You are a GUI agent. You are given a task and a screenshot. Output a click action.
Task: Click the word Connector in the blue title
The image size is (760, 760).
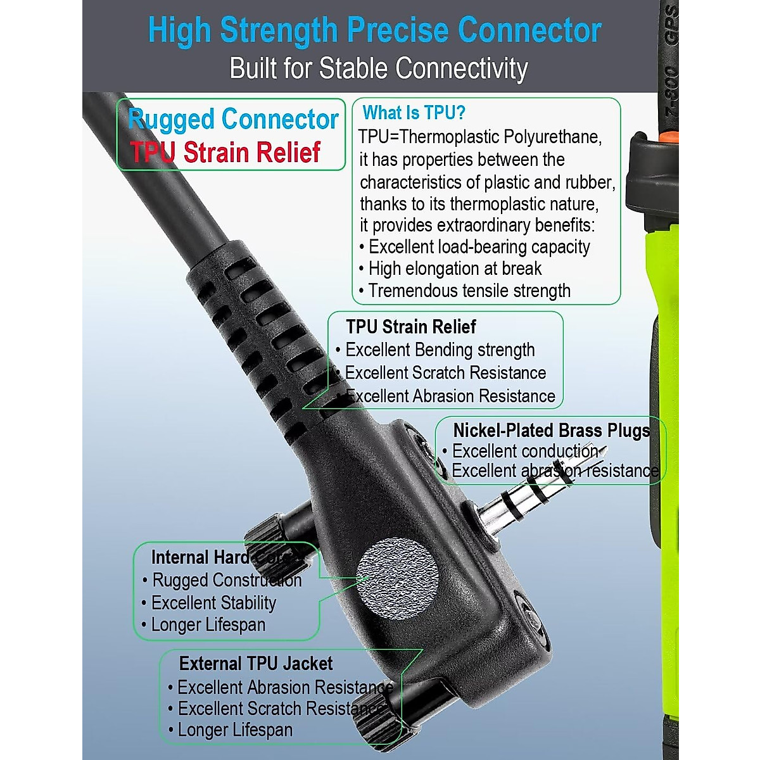coord(529,30)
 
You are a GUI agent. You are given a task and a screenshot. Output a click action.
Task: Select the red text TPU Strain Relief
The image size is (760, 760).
coord(225,153)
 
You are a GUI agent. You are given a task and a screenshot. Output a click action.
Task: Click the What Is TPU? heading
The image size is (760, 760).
coord(414,113)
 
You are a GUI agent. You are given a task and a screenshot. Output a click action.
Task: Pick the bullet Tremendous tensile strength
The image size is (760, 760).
coord(469,291)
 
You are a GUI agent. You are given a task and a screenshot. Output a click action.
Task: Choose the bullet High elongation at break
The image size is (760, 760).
coord(454,269)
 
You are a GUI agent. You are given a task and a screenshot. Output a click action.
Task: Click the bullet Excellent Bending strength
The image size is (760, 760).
coord(440,350)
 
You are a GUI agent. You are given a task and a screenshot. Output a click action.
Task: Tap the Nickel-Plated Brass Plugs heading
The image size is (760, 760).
coord(551,431)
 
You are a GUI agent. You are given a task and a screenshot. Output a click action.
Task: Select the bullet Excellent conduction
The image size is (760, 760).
coord(524,452)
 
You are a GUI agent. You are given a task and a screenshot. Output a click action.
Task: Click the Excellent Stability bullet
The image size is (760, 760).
coord(213,603)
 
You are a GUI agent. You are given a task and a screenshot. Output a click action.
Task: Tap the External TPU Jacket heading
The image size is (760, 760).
coord(256,664)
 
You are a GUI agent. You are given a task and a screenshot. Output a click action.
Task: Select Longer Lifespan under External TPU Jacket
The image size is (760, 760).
coord(235,730)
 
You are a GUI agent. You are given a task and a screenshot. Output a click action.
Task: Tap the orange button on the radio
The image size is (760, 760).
coord(666,136)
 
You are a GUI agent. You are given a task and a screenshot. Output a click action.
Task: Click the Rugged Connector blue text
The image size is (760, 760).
coord(233,119)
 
